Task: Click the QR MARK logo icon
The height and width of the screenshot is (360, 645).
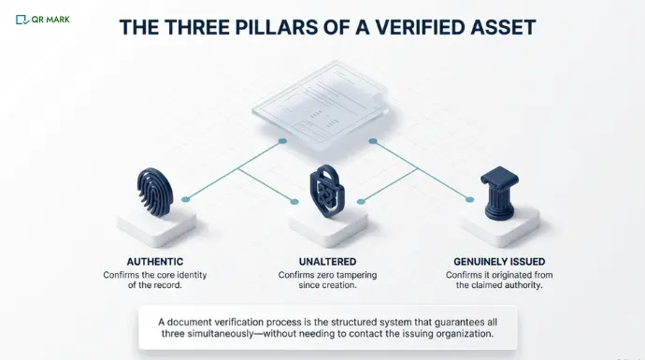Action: (x=21, y=18)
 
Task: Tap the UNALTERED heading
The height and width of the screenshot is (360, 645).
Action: (x=322, y=261)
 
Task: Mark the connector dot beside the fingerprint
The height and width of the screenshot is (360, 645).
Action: (x=186, y=199)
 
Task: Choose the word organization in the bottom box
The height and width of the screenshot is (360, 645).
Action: (x=456, y=333)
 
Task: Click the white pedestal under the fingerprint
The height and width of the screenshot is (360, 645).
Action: (x=156, y=224)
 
